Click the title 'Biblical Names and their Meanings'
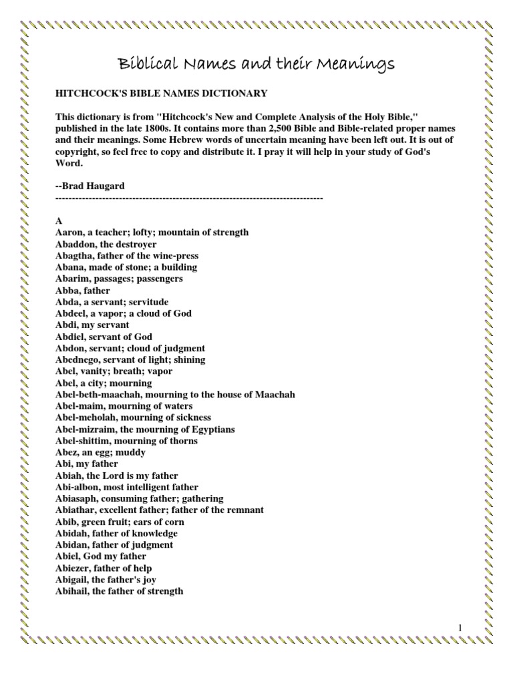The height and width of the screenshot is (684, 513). click(x=256, y=64)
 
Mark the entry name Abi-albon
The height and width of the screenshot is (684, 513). click(x=77, y=487)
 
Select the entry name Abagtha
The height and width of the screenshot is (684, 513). click(x=74, y=255)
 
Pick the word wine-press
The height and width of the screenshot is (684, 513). click(x=174, y=255)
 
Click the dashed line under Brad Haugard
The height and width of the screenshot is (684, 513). click(x=189, y=198)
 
